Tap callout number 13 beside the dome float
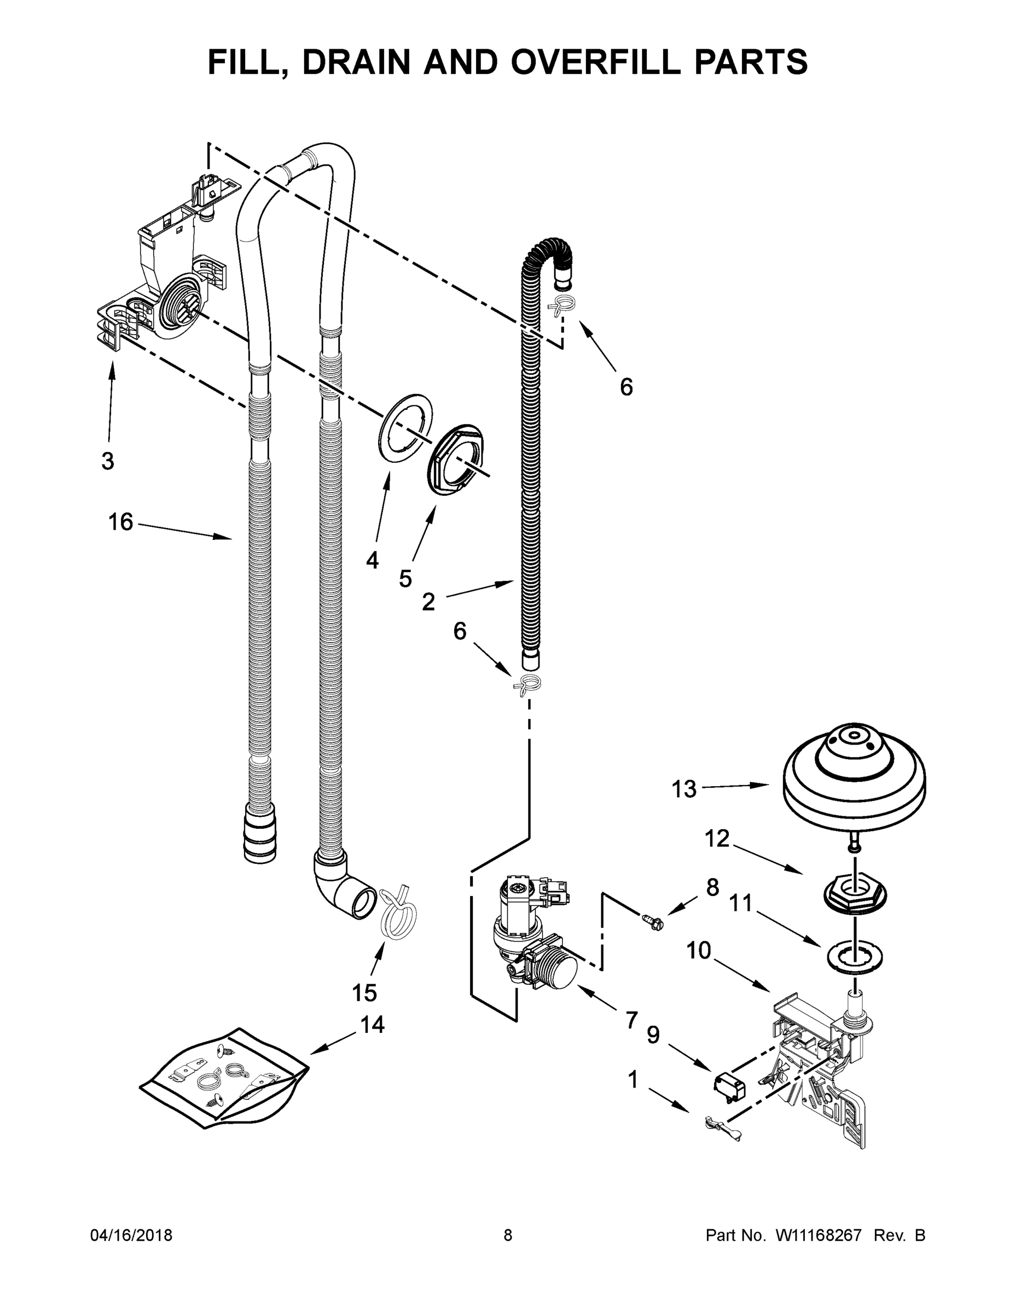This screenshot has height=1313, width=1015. pos(683,789)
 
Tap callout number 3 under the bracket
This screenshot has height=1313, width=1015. pos(107,462)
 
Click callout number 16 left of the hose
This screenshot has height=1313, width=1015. pos(120,522)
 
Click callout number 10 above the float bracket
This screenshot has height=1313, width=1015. pos(698,950)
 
